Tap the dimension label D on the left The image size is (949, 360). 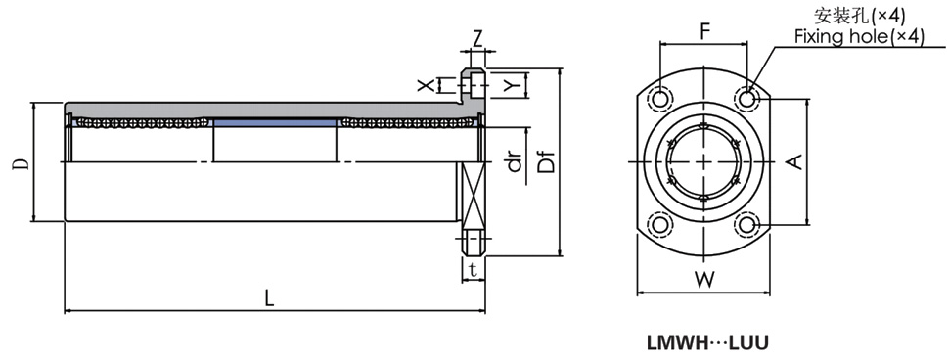(22, 164)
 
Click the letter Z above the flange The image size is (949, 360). (477, 39)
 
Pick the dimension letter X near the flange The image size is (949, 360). (427, 85)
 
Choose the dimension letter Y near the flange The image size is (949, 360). (512, 85)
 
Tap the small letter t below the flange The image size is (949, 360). (474, 270)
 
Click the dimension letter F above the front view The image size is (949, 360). (704, 32)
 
